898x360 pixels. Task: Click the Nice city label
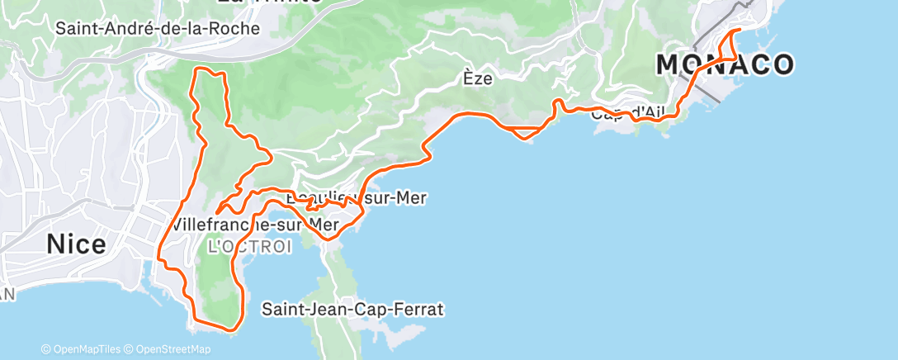pyautogui.click(x=76, y=244)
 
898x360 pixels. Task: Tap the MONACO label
pyautogui.click(x=725, y=64)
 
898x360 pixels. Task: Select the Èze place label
pyautogui.click(x=477, y=79)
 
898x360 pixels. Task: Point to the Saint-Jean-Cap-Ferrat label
pyautogui.click(x=352, y=310)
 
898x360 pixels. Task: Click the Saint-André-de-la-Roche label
pyautogui.click(x=158, y=28)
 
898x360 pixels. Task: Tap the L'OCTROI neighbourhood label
pyautogui.click(x=249, y=247)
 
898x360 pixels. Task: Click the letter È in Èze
pyautogui.click(x=467, y=79)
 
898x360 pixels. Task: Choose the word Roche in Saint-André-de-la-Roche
pyautogui.click(x=234, y=28)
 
